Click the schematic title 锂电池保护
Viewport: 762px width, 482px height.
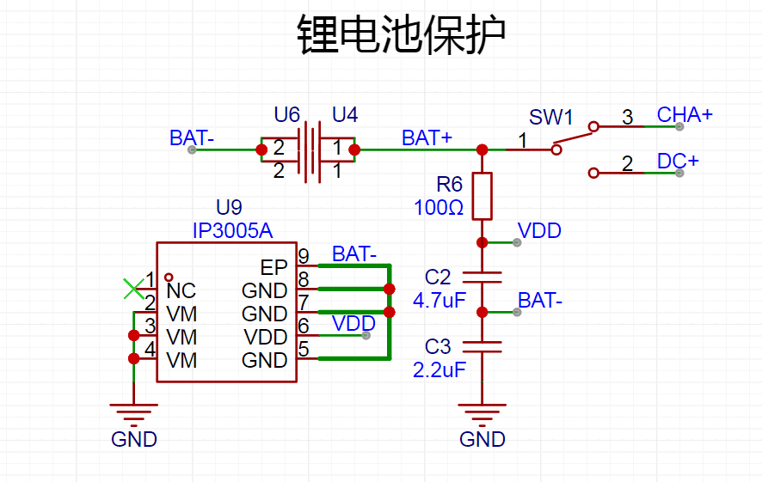[x=402, y=34]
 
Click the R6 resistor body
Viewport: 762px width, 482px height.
[x=482, y=196]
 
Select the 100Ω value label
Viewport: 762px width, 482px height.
[x=439, y=208]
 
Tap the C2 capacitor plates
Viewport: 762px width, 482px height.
[x=482, y=278]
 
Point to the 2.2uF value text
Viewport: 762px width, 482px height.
[x=439, y=370]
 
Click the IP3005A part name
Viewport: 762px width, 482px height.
[x=233, y=231]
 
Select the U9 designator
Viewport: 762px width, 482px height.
[x=229, y=208]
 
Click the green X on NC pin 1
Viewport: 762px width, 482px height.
[x=133, y=289]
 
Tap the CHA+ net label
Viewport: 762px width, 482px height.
[x=685, y=115]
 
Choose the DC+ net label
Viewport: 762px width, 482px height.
[x=678, y=162]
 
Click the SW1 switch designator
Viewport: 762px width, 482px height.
[x=551, y=118]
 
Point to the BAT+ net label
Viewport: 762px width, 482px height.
[x=427, y=138]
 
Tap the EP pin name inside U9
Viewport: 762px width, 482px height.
[x=274, y=268]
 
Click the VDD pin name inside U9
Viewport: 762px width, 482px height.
[x=266, y=338]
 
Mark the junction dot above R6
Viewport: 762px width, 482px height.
[x=482, y=149]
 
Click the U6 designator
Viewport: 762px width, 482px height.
[x=286, y=115]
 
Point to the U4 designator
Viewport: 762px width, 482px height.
[x=345, y=115]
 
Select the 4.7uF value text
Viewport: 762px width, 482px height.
[x=439, y=301]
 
